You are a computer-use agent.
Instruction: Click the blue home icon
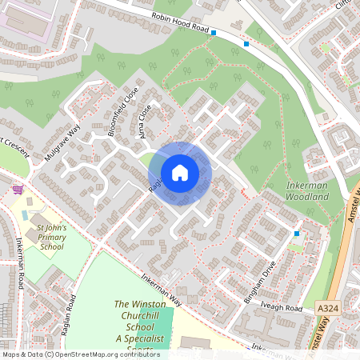pos(180,173)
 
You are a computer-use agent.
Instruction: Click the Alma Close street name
pos(145,124)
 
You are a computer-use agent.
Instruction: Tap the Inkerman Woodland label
pos(307,190)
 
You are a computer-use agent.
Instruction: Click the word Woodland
pos(307,196)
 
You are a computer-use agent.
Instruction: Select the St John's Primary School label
pos(50,238)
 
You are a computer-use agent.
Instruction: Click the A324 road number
pos(327,306)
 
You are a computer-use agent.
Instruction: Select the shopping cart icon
pos(18,190)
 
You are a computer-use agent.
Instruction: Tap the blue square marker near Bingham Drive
pos(297,234)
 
